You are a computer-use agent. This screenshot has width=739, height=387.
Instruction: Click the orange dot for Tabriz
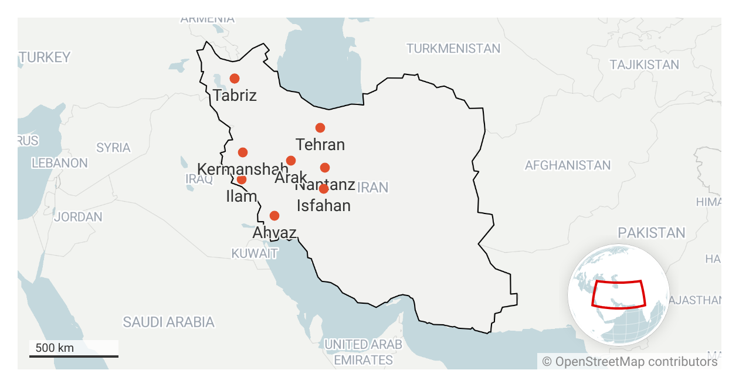(x=235, y=79)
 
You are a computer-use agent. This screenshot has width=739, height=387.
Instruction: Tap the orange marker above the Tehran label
(x=320, y=128)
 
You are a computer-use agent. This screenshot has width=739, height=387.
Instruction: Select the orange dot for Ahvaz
(x=274, y=216)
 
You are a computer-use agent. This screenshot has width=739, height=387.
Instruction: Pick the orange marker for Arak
(x=291, y=161)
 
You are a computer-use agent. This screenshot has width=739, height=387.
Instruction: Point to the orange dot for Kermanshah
(x=243, y=152)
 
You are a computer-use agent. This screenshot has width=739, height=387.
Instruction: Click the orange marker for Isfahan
(x=324, y=189)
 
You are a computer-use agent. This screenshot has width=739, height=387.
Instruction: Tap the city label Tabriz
(x=235, y=95)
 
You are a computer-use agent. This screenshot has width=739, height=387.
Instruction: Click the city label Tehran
(x=320, y=144)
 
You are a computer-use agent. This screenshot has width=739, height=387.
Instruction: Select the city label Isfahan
(x=324, y=206)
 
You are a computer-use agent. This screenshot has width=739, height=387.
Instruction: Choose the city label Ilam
(x=242, y=196)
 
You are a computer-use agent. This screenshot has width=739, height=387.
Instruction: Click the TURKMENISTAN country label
(x=453, y=49)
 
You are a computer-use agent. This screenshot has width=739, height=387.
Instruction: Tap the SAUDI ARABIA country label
(x=168, y=322)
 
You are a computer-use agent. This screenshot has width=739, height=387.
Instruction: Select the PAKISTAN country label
(x=651, y=233)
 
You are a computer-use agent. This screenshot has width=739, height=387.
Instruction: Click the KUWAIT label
(x=254, y=254)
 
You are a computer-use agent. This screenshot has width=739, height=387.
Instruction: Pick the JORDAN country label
(x=78, y=217)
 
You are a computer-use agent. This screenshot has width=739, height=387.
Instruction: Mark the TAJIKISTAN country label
(x=644, y=65)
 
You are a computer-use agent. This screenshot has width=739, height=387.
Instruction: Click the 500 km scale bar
(x=74, y=355)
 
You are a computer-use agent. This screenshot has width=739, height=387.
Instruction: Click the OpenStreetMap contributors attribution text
(x=630, y=362)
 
